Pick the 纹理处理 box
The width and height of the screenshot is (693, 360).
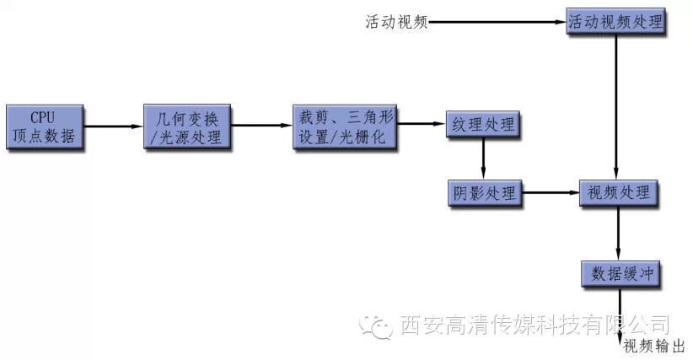[x=483, y=126]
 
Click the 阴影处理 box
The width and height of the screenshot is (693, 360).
[x=483, y=193]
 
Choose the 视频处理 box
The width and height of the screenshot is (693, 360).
[x=619, y=193]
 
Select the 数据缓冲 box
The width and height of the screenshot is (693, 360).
[x=619, y=273]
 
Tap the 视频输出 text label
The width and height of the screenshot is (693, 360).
[x=653, y=347]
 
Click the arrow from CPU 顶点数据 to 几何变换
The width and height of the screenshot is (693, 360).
[x=114, y=127]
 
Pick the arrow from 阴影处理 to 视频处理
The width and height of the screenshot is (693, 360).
[x=550, y=193]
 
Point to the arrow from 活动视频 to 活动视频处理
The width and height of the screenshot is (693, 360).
[x=497, y=21]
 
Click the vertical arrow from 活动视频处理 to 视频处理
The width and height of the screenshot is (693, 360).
[x=617, y=105]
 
